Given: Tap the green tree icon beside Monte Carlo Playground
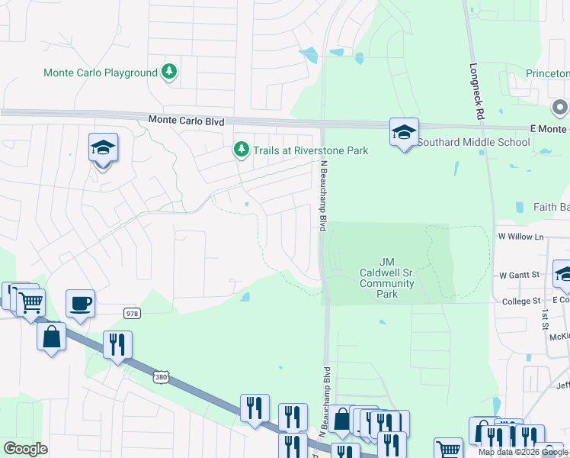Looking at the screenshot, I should (x=169, y=73).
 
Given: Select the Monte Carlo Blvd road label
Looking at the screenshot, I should (x=186, y=120).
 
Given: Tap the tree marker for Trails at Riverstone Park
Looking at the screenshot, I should (x=242, y=148).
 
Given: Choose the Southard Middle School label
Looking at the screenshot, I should (x=473, y=142).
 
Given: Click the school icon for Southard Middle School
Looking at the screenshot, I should (x=404, y=131).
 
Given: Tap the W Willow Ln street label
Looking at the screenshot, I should (x=522, y=237).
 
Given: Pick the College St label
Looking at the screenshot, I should (x=521, y=302).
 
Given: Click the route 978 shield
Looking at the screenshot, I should (x=131, y=312).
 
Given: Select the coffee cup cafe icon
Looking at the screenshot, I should (x=80, y=303).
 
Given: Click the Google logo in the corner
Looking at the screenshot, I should (x=25, y=449).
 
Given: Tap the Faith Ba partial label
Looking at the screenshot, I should (x=551, y=207).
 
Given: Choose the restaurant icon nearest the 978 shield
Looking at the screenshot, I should (x=117, y=344).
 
